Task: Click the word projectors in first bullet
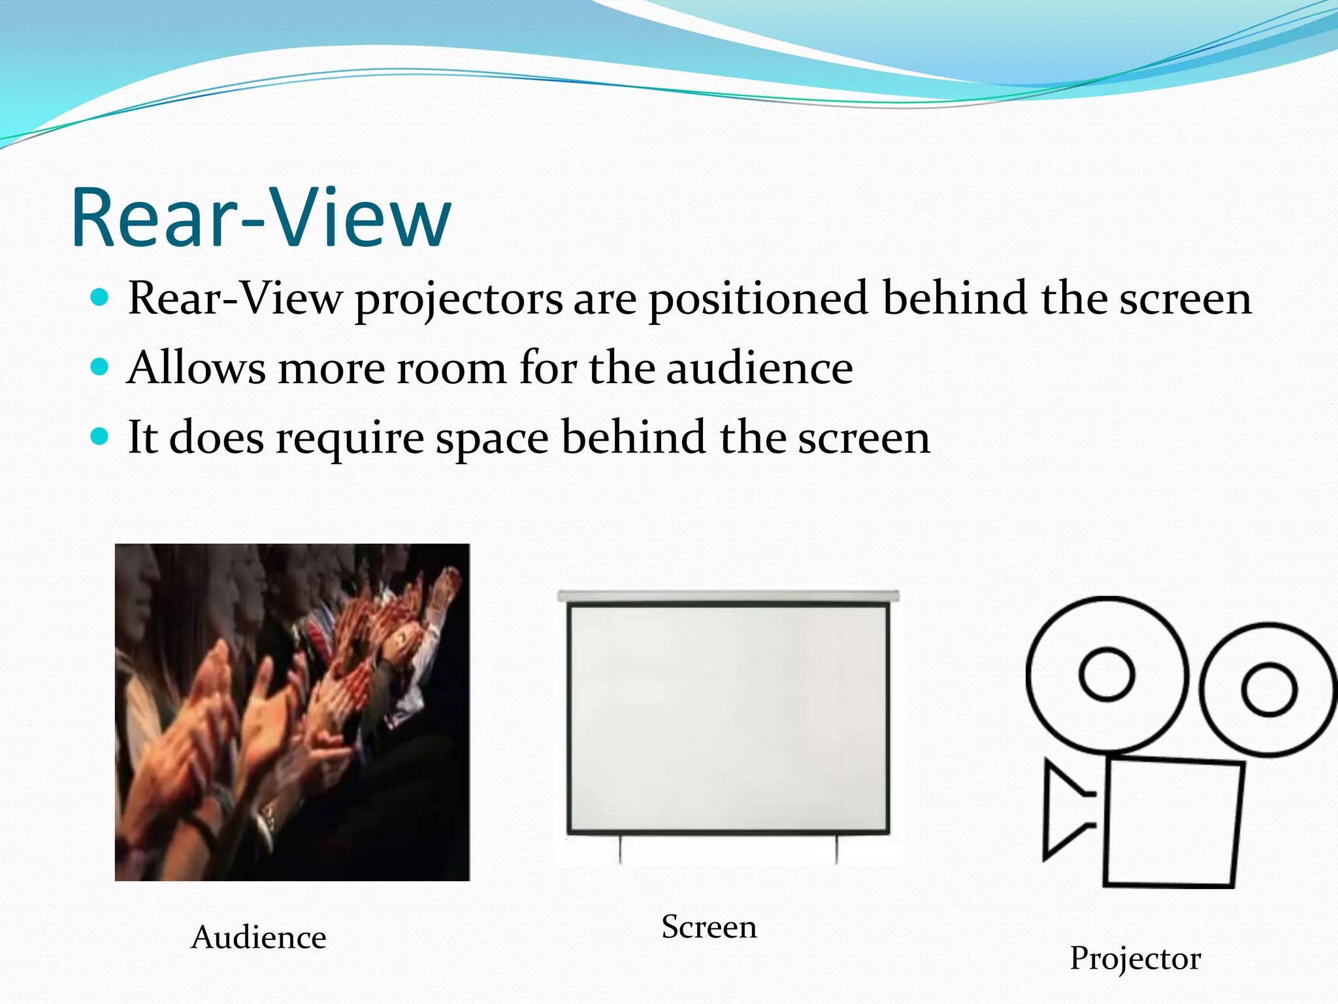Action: tap(459, 299)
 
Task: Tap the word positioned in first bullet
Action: tap(758, 299)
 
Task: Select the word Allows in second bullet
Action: tap(196, 367)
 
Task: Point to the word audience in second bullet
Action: tap(759, 367)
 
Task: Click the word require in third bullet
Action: tap(350, 438)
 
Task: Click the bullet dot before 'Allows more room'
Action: tap(99, 367)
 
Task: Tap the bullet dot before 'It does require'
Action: tap(99, 436)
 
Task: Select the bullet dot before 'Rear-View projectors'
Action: tap(99, 298)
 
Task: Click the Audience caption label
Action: tap(259, 937)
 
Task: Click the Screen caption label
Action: tap(709, 927)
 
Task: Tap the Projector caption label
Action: tap(1135, 958)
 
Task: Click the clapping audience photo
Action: tap(292, 712)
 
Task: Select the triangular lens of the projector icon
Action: tap(1062, 811)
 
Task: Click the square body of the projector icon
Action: tap(1173, 822)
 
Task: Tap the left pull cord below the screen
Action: tap(620, 850)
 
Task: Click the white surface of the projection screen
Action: tap(728, 718)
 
